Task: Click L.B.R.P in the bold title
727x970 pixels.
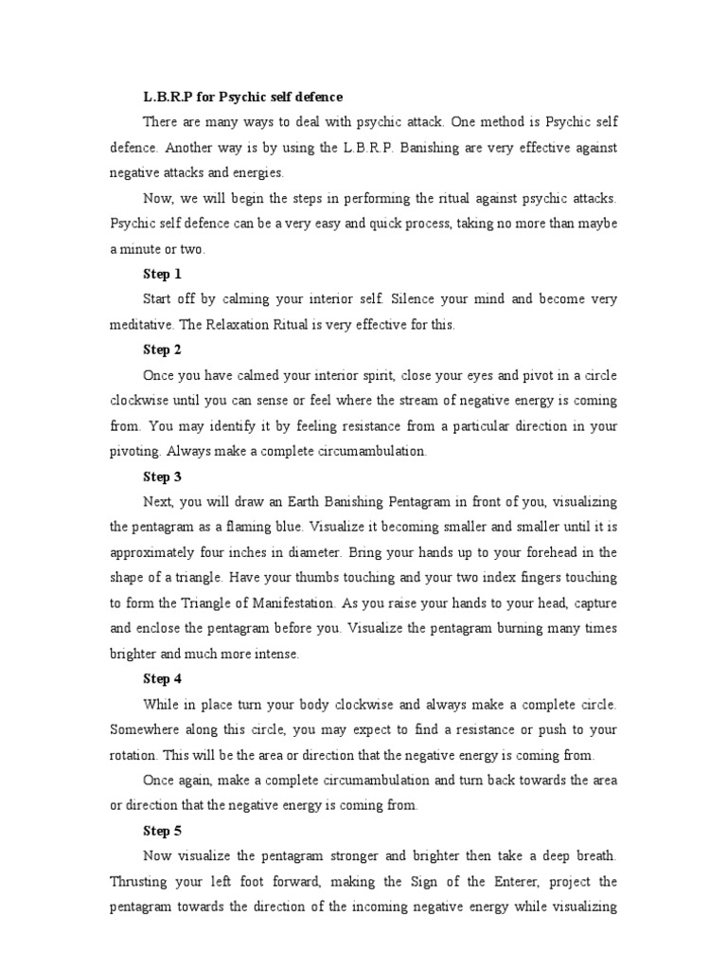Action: (x=167, y=97)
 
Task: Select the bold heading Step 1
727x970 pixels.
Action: (x=162, y=274)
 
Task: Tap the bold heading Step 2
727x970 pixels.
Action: (x=162, y=350)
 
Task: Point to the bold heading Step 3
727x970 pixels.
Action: (x=162, y=476)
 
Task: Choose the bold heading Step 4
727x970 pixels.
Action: (x=162, y=678)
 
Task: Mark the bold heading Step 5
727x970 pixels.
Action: (x=162, y=831)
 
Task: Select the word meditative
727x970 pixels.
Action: (x=140, y=325)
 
